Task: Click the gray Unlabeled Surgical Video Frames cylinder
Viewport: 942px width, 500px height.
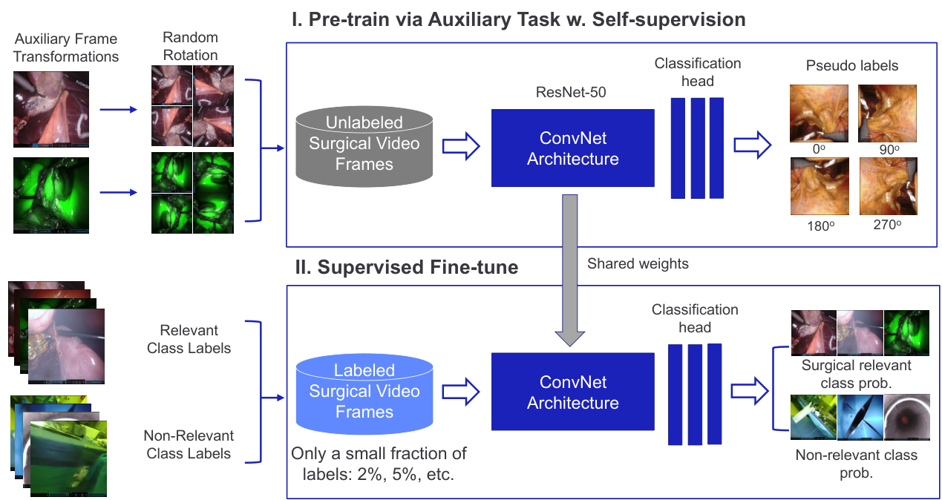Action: [x=364, y=146]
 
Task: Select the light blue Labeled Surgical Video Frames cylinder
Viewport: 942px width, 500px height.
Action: [x=364, y=394]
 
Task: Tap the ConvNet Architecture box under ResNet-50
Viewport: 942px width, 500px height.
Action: [x=573, y=148]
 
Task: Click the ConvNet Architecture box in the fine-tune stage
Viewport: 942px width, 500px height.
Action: [x=573, y=392]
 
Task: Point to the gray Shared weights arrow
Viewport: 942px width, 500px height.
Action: [x=570, y=269]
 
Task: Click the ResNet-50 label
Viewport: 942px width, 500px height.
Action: [x=571, y=92]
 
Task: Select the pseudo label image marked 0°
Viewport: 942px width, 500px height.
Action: [x=819, y=114]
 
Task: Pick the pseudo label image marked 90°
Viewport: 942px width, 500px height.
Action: [x=887, y=114]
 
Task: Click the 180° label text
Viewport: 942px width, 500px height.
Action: [x=820, y=226]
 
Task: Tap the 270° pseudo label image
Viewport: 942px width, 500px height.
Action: [x=888, y=186]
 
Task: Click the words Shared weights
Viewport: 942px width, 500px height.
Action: [x=638, y=263]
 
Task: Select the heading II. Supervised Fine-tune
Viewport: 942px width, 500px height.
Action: [x=406, y=267]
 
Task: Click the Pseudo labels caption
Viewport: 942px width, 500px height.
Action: [x=852, y=65]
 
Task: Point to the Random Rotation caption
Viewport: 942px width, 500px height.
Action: [x=191, y=46]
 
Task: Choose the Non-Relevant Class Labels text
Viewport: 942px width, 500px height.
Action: [x=189, y=444]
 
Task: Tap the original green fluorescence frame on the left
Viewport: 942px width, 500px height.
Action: [x=51, y=195]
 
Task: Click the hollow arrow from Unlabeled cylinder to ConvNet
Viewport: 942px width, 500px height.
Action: [x=461, y=146]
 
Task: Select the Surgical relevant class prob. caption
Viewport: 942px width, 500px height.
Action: [x=856, y=374]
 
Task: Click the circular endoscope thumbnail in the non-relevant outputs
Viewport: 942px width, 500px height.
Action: [x=906, y=417]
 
